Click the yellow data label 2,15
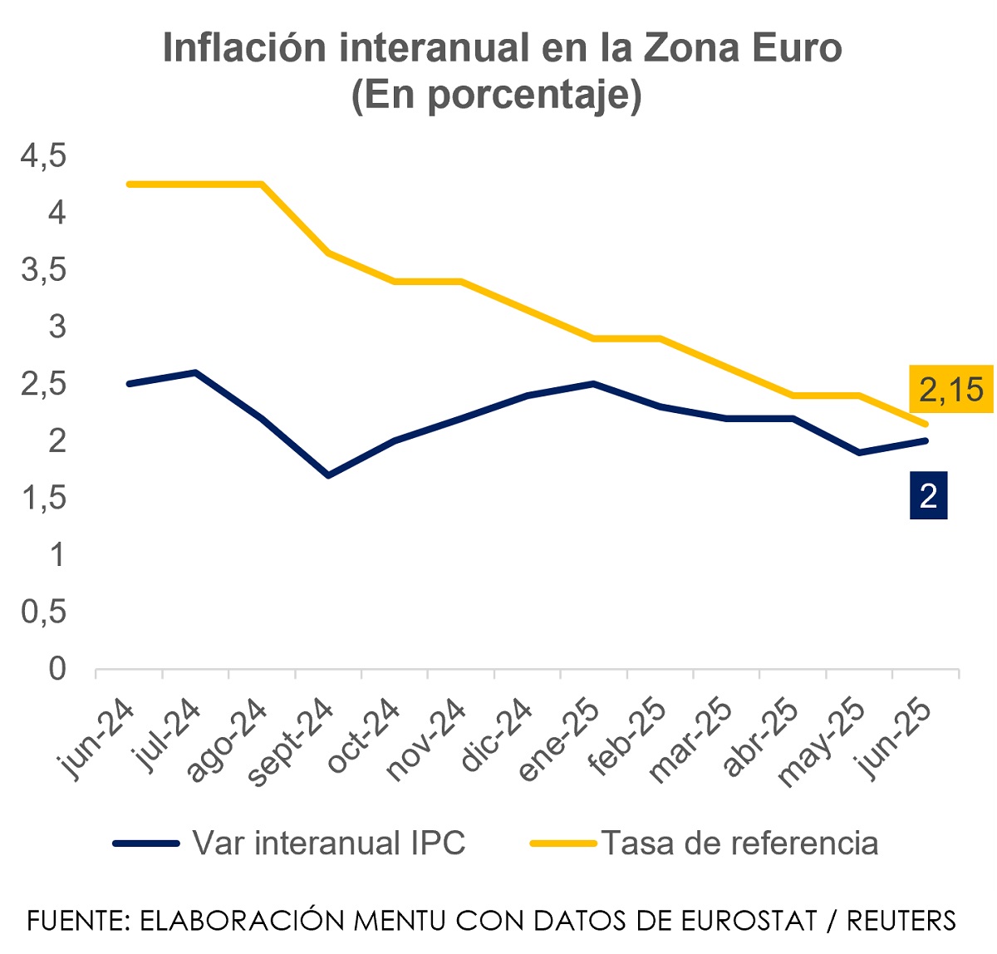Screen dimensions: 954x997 [x=951, y=389]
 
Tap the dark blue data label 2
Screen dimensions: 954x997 [x=928, y=496]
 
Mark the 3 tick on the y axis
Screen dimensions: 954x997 [x=56, y=327]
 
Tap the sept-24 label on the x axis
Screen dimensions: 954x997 [x=291, y=742]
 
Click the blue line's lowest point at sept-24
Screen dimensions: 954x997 [x=329, y=475]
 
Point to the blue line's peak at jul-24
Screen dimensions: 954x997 [x=195, y=372]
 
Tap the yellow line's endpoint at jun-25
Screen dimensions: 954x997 [x=926, y=424]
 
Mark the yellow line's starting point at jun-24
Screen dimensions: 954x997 [x=129, y=184]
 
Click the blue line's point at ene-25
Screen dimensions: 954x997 [x=594, y=384]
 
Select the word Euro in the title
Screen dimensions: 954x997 [x=785, y=48]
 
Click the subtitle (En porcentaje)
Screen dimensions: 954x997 [x=497, y=95]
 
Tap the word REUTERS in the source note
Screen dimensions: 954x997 [x=901, y=921]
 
